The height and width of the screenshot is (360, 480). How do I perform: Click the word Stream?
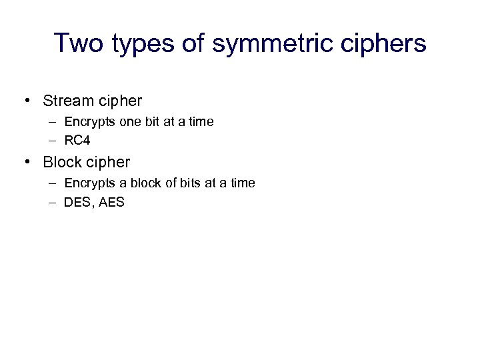coord(67,101)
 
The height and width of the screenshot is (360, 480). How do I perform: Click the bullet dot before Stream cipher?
coord(27,101)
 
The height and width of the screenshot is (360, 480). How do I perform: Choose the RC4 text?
coord(77,141)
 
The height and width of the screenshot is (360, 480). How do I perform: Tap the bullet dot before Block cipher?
coord(27,162)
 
